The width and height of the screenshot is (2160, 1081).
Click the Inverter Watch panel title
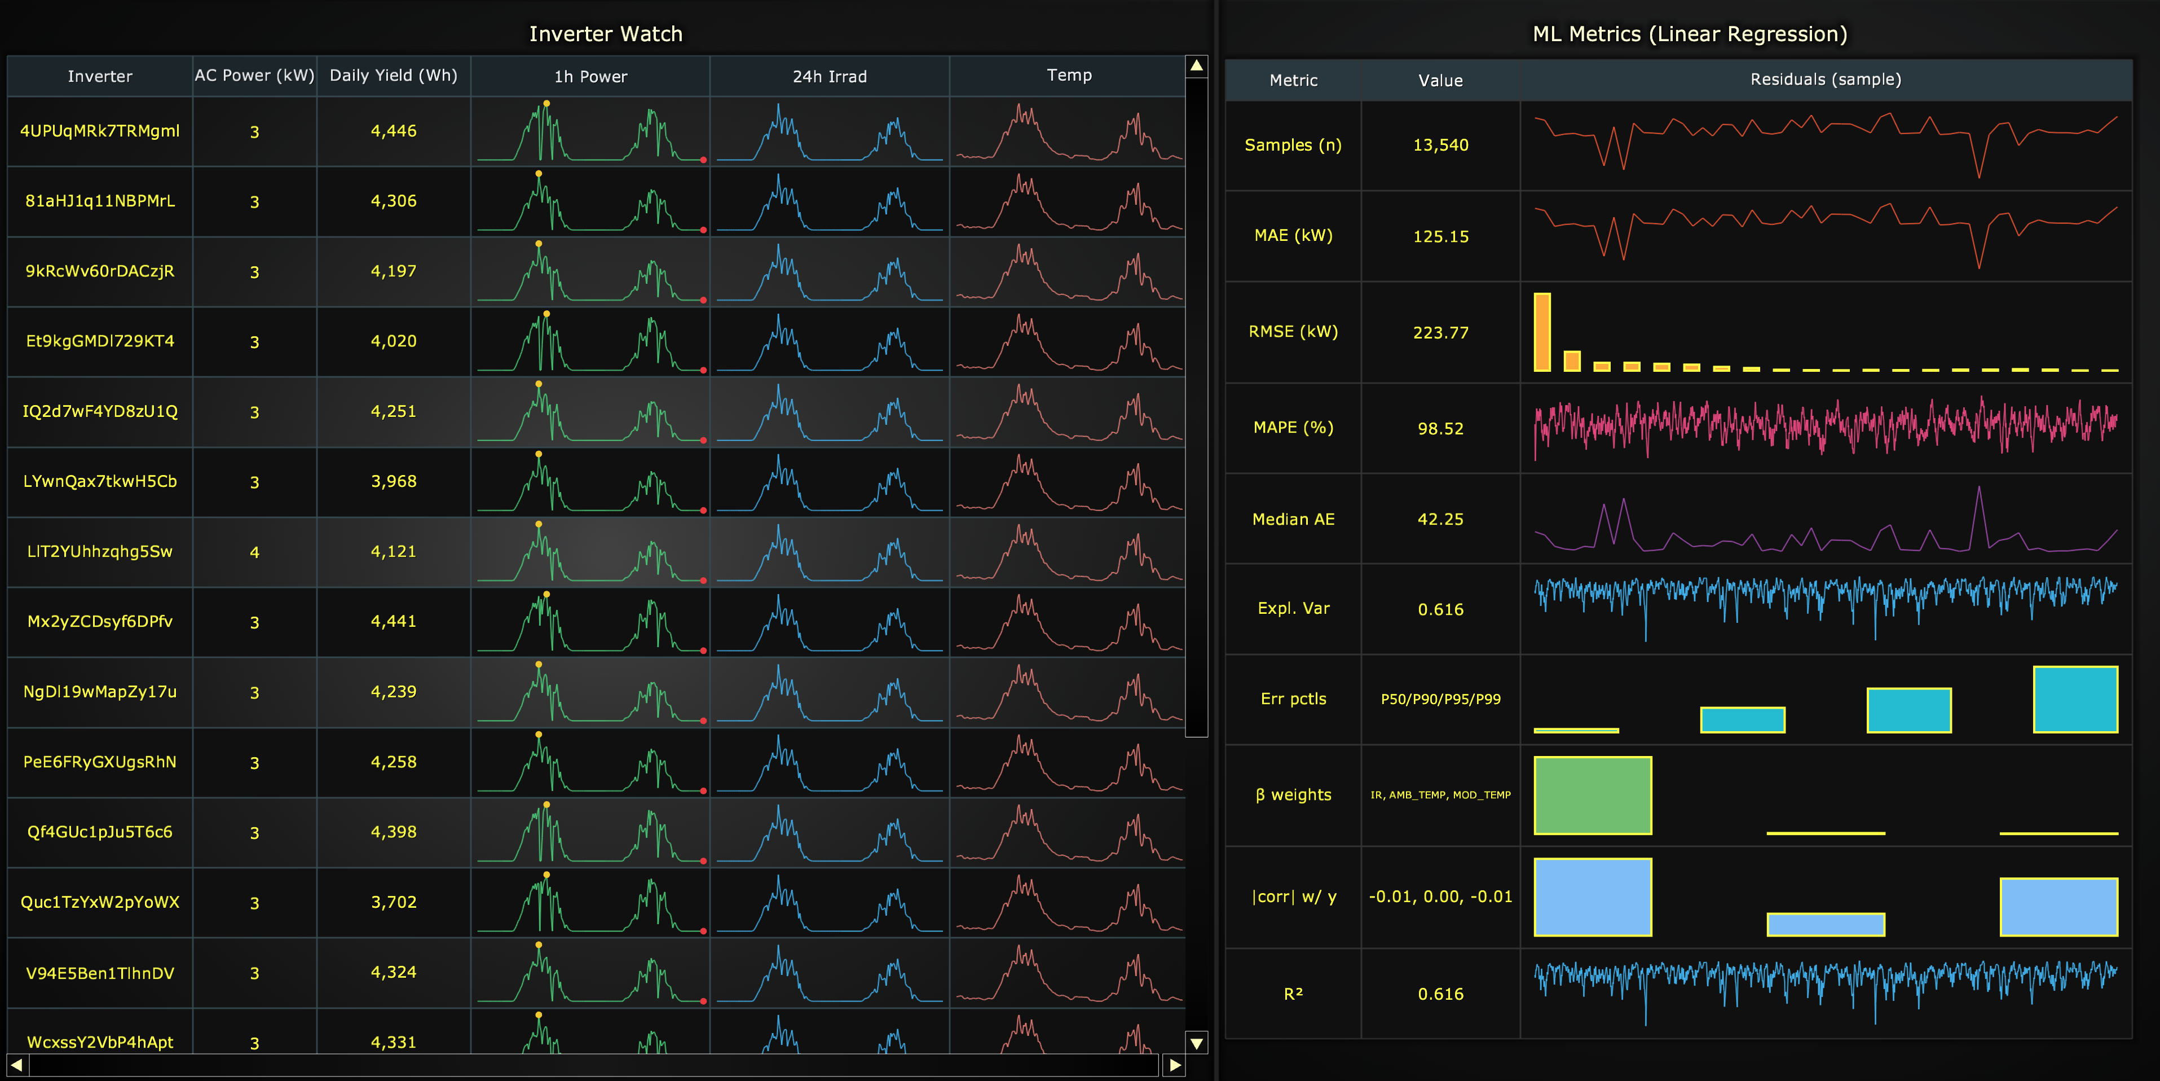click(x=605, y=34)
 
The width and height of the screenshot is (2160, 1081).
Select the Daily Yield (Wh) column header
click(x=393, y=76)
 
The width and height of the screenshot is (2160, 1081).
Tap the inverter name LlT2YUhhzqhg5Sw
click(x=100, y=551)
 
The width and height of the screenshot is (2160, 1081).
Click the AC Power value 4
click(x=254, y=552)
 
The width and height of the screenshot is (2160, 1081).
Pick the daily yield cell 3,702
click(x=393, y=902)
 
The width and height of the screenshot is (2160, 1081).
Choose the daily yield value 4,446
click(x=393, y=131)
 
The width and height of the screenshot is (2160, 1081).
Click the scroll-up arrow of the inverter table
click(x=1197, y=65)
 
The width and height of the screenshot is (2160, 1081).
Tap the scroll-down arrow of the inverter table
click(x=1197, y=1043)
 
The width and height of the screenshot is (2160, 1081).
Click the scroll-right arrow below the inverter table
click(x=1175, y=1065)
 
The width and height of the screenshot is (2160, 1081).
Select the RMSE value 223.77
click(x=1440, y=333)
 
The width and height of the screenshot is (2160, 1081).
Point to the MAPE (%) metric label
click(x=1293, y=428)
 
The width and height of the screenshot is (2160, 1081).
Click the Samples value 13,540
click(x=1440, y=145)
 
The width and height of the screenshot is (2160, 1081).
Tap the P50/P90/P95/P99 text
click(x=1440, y=698)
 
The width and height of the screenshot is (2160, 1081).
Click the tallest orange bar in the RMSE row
click(x=1542, y=332)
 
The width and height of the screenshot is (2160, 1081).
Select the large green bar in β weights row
click(x=1592, y=795)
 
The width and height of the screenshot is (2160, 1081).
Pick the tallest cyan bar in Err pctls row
click(x=2075, y=700)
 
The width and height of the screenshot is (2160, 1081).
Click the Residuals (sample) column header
click(x=1826, y=80)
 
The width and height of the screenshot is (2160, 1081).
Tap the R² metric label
click(x=1293, y=994)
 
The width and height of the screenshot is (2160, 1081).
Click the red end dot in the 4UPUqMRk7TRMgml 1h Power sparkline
click(x=703, y=159)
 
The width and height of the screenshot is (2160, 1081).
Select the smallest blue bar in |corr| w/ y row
click(x=1826, y=924)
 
